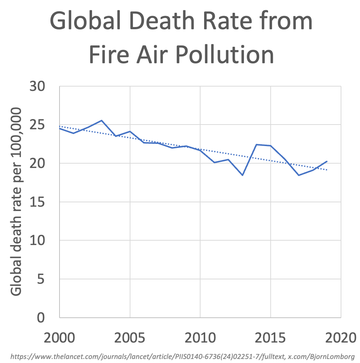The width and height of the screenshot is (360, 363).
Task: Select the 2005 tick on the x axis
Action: pos(130,337)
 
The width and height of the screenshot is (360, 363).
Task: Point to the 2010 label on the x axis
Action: pos(200,337)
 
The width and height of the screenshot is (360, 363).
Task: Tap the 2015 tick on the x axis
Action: pos(271,337)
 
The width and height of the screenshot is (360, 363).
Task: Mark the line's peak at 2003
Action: pos(102,121)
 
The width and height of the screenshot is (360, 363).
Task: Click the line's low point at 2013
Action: pos(242,175)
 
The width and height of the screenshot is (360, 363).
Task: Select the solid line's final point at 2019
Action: pos(327,161)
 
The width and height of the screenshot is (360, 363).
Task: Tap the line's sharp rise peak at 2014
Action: pos(257,145)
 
